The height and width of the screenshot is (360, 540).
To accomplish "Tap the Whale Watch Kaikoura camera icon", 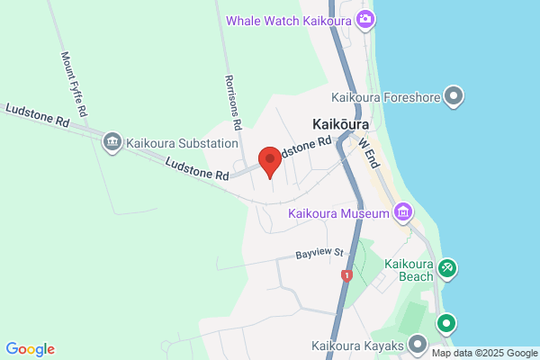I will (365, 19).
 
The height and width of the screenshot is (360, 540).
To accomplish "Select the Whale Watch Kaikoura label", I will (288, 19).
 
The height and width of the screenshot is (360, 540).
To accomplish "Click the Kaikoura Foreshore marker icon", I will (454, 95).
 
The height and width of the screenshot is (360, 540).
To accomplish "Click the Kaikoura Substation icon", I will (112, 141).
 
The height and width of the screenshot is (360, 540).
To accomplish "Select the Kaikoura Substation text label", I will (182, 142).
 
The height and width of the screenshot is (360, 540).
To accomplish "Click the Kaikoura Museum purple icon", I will (402, 213).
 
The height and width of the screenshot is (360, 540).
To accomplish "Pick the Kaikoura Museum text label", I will (338, 213).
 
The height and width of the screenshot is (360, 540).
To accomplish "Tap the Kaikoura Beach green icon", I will (446, 268).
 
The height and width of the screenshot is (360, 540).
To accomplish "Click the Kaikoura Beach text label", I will (409, 271).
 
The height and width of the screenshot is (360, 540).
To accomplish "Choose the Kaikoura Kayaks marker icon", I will (418, 343).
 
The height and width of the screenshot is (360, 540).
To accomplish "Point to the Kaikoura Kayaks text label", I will (357, 344).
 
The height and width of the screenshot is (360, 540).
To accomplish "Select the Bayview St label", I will (320, 255).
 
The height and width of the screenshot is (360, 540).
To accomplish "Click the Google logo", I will (30, 349).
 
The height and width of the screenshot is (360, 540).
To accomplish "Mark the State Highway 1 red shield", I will (346, 274).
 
